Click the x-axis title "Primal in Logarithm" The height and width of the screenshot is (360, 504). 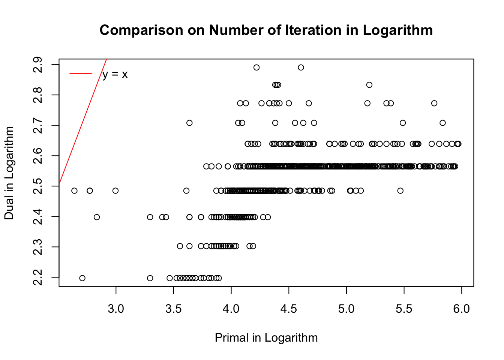266,338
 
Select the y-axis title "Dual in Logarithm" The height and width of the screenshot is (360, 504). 9,173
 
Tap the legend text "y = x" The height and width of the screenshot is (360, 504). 115,74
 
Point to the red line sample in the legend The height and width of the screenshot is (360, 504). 81,73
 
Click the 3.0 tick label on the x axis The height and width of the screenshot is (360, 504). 116,309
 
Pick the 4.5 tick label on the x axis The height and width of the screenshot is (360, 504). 289,309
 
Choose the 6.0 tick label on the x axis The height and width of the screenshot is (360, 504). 461,309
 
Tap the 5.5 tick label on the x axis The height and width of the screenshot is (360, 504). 404,309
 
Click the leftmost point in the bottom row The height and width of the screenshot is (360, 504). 82,278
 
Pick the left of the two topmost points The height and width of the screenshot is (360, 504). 256,67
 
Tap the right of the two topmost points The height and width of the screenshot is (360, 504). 301,67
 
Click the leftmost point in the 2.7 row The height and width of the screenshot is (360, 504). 189,123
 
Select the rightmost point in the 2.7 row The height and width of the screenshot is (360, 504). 442,123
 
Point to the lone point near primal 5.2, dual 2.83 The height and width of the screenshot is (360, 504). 369,85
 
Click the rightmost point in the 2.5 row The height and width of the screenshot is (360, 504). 400,190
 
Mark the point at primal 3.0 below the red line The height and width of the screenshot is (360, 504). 115,190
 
